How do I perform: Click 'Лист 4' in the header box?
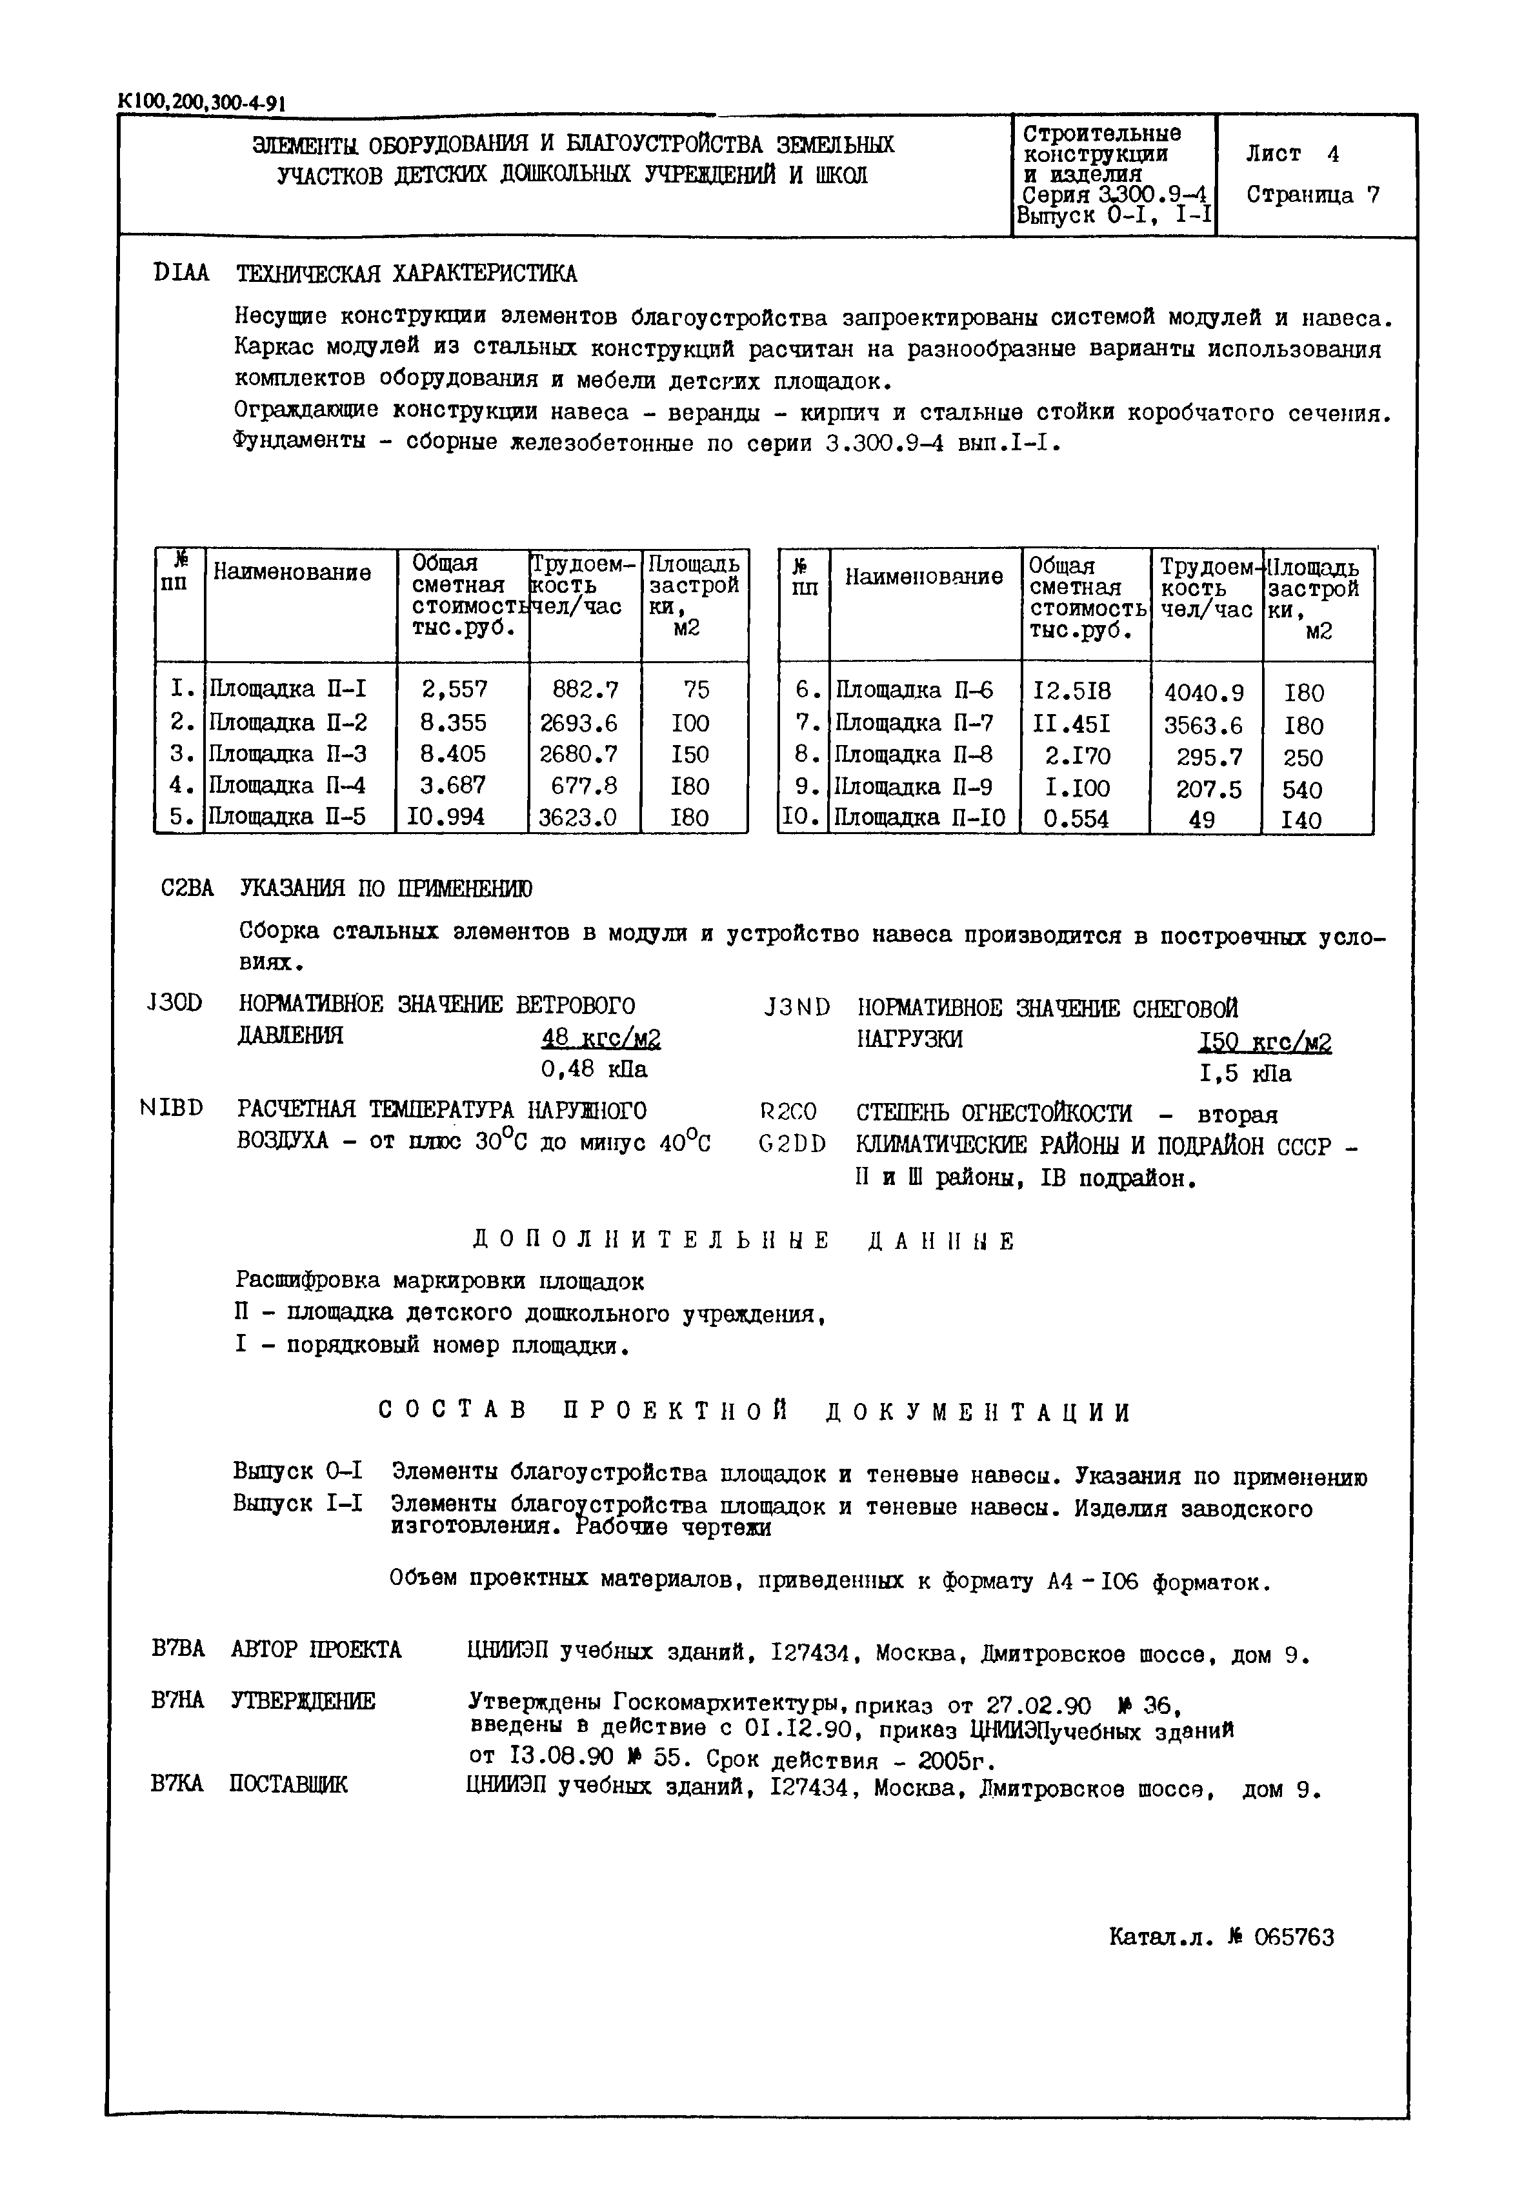point(1291,154)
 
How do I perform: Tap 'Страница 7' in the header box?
point(1313,195)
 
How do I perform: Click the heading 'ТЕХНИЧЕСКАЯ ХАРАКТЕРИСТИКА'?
point(406,274)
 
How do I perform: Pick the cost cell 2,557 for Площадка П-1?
point(454,688)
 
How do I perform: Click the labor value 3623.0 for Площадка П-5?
point(579,817)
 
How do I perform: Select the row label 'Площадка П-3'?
point(287,753)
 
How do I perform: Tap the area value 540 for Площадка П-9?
point(1303,790)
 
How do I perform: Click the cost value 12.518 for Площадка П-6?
point(1072,691)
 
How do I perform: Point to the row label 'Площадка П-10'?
point(921,818)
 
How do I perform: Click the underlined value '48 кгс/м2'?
point(601,1039)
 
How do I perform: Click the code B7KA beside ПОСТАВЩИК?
point(177,1783)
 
